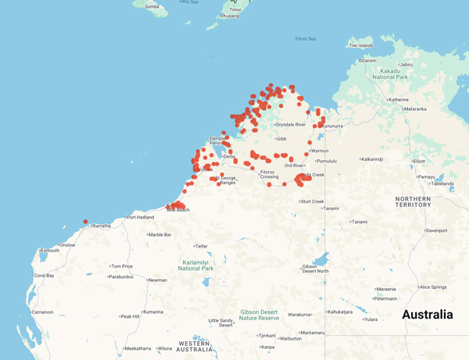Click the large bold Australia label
(x=427, y=315)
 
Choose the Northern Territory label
(x=413, y=201)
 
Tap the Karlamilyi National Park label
(x=196, y=266)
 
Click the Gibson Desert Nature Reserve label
(x=259, y=315)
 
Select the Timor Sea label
(x=306, y=38)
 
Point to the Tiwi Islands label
(x=362, y=45)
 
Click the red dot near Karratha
(x=86, y=222)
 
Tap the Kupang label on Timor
(x=231, y=16)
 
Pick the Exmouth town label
(x=50, y=251)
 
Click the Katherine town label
(x=399, y=100)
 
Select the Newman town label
(x=157, y=280)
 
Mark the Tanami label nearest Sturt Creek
(x=331, y=209)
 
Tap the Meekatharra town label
(x=138, y=348)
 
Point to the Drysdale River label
(x=291, y=125)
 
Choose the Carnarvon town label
(x=42, y=312)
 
